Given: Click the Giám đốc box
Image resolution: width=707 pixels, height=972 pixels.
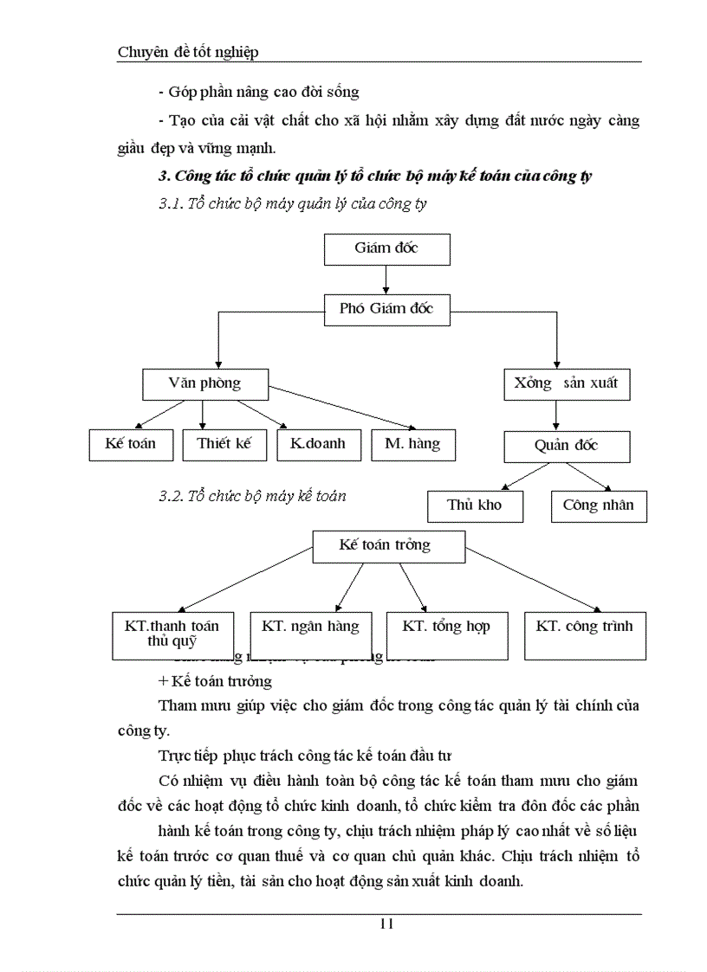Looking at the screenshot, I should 386,248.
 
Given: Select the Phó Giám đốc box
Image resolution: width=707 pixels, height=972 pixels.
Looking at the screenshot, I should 386,309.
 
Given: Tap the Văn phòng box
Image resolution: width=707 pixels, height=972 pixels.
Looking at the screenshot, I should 204,383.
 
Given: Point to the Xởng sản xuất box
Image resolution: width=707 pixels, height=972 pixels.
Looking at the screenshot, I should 567,383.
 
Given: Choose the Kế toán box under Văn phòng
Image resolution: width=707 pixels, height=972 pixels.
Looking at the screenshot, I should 131,444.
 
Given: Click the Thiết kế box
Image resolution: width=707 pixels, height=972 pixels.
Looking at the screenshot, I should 224,444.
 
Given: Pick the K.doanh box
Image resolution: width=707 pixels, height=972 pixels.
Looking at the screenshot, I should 317,444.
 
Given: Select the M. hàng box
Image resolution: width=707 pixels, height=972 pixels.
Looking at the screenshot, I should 412,444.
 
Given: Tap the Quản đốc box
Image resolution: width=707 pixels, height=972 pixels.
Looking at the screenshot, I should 567,447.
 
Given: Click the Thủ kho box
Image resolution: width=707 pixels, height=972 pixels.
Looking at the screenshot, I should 475,505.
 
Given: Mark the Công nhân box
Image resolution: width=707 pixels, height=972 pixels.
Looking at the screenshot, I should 598,505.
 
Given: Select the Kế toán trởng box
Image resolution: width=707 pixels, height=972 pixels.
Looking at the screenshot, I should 385,546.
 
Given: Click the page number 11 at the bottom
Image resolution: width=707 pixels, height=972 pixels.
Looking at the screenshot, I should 386,924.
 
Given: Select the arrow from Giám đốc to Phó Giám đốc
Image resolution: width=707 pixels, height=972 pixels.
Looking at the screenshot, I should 386,279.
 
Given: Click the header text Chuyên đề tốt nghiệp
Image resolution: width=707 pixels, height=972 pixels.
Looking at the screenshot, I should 188,52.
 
